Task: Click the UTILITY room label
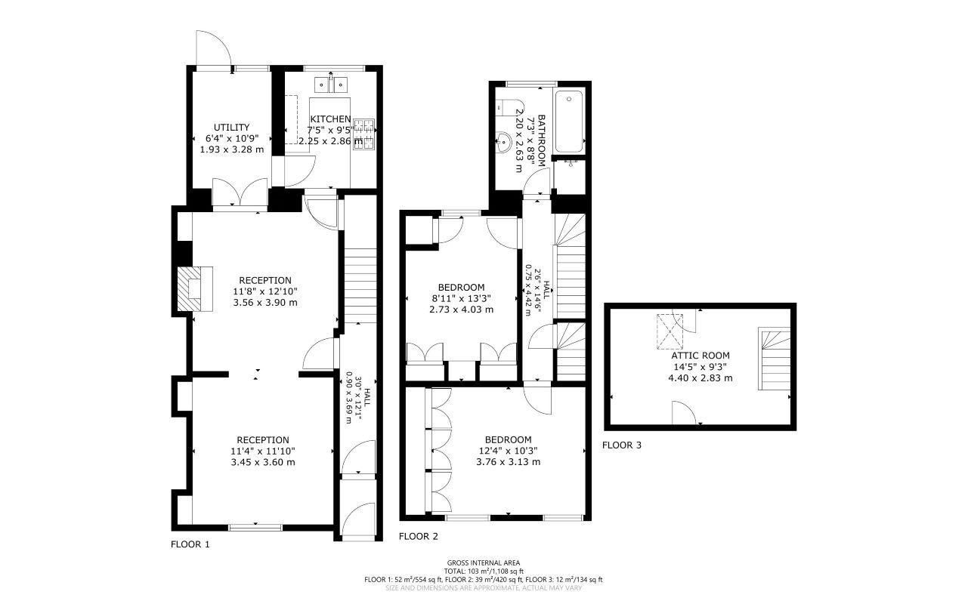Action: tap(231, 128)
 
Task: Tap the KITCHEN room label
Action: tap(330, 119)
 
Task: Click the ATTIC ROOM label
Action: tap(700, 356)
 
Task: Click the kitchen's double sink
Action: tap(332, 82)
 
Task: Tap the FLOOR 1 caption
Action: tap(190, 544)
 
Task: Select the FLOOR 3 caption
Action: tap(621, 445)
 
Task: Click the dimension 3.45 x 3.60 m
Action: tap(262, 463)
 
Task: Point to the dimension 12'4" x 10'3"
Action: tap(508, 451)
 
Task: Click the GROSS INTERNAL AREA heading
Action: tap(484, 562)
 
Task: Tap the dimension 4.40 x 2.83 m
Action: tap(700, 378)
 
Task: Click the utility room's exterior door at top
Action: tap(212, 48)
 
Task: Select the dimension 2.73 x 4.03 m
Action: tap(461, 310)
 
